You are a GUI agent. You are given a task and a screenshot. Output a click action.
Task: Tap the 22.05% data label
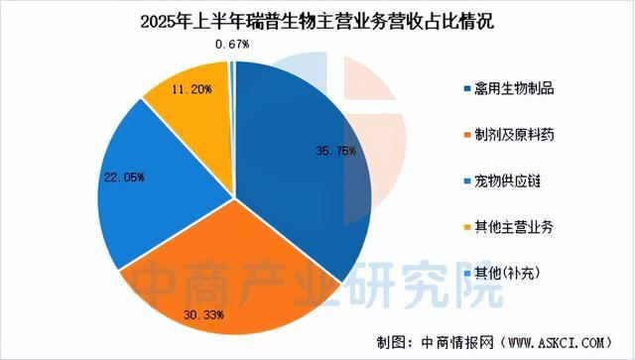[124, 178]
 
